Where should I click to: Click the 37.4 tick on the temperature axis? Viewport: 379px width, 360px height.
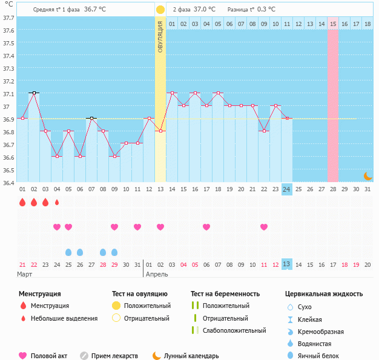coord(8,56)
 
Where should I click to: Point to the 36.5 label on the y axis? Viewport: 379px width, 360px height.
coord(8,170)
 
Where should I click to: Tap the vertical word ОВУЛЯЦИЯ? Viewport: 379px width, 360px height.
coord(160,37)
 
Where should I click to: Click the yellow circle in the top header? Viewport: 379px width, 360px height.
coord(160,10)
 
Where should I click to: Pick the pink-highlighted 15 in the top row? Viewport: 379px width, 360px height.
coord(333,24)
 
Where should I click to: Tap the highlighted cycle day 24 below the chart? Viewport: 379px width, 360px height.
coord(287,189)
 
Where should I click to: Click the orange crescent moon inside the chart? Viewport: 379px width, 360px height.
coord(368,175)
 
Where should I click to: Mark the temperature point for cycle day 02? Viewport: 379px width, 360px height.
coord(34,93)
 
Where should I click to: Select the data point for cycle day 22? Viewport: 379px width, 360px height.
coord(264,131)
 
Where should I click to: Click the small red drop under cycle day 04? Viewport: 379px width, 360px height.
coord(57,202)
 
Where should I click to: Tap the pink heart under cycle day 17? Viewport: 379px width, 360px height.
coord(206,227)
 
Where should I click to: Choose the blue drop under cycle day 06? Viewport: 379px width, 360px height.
coord(80,252)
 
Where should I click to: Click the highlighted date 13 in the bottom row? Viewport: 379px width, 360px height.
coord(287,264)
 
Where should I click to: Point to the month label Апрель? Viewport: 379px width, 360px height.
coord(157,274)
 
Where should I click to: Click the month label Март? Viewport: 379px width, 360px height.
coord(25,274)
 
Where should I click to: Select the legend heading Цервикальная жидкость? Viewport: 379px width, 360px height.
coord(324,293)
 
